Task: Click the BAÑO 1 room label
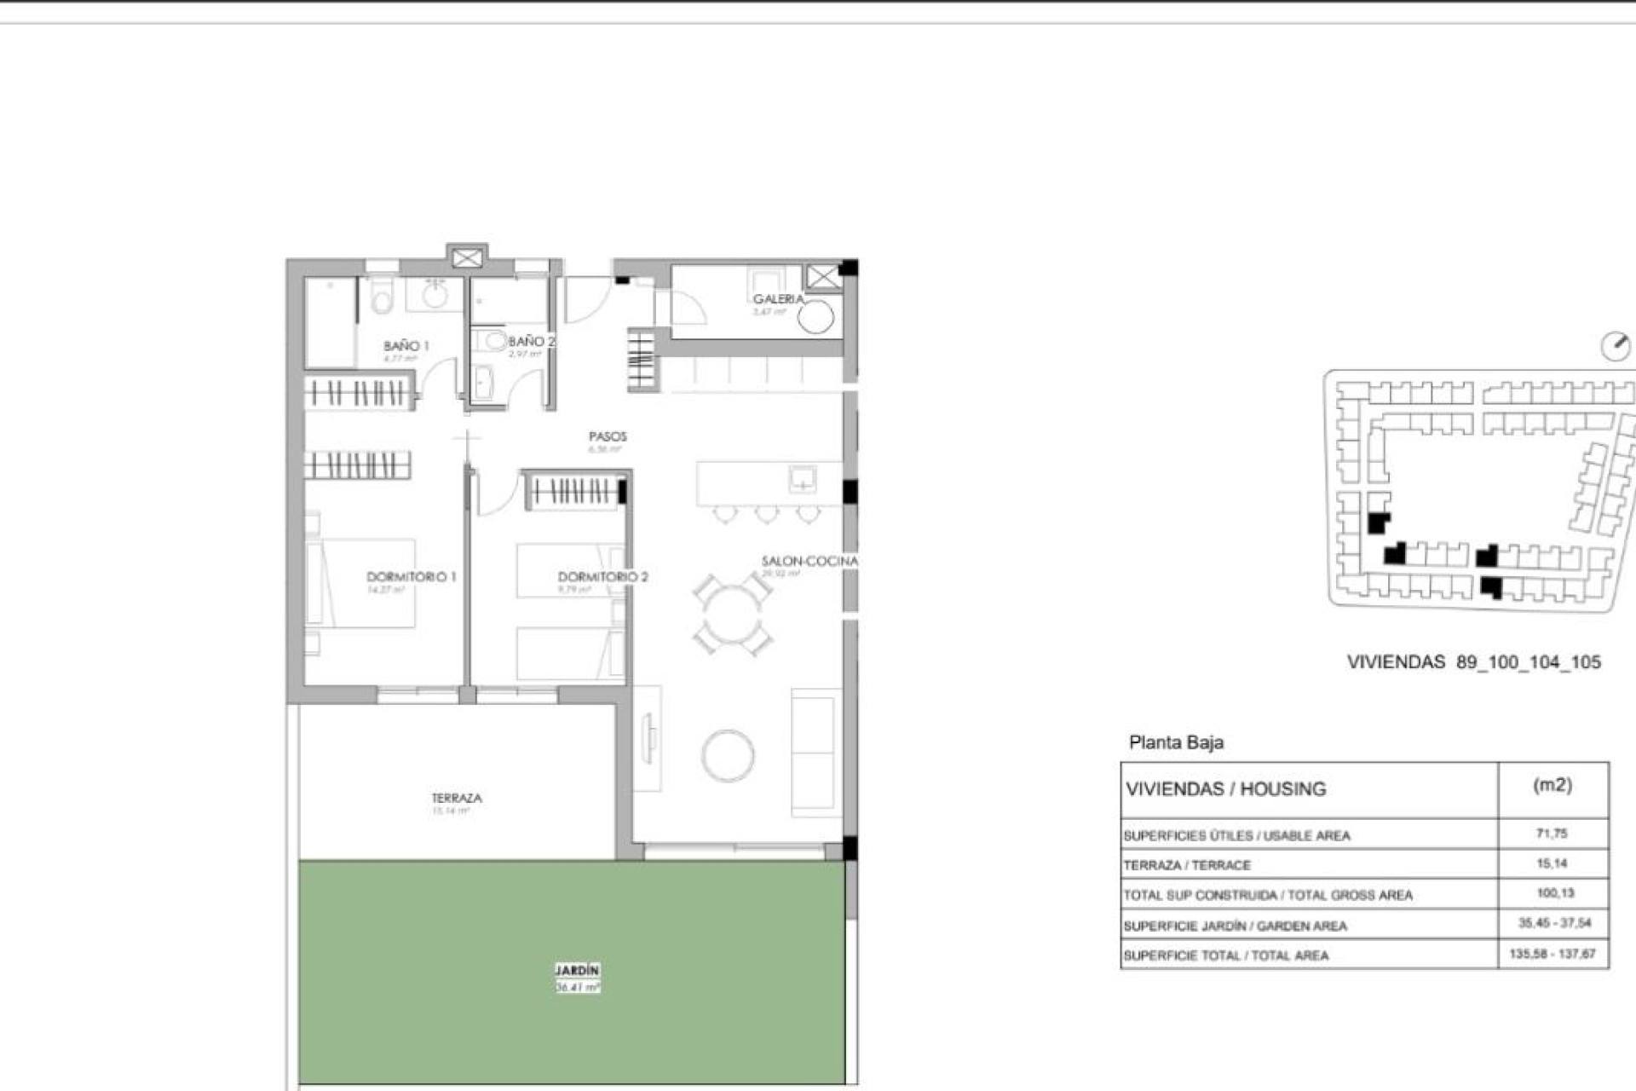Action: pos(406,346)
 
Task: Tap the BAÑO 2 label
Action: pos(531,341)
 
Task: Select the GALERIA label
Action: pos(777,299)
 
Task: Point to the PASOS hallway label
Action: pos(608,436)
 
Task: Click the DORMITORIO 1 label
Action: pos(411,577)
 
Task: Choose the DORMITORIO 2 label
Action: pos(602,577)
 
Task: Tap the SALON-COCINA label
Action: pos(809,561)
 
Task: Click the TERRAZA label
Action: pos(457,799)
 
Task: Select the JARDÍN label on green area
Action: pos(578,971)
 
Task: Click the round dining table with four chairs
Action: pos(731,614)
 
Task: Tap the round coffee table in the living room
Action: pos(728,755)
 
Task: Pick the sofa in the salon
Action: pos(815,753)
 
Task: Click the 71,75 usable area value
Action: pos(1552,834)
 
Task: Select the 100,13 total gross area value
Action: pos(1555,893)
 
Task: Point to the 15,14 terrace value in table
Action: pos(1552,863)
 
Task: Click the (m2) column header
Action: pos(1552,785)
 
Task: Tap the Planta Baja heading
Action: pos(1176,742)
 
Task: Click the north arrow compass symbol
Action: pos(1616,346)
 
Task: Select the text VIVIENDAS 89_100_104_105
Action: pos(1473,662)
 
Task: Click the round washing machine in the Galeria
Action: pos(815,318)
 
